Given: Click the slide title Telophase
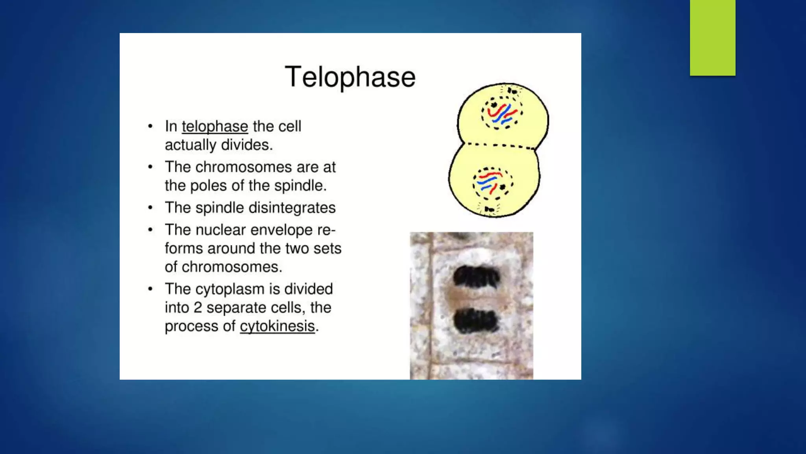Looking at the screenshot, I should [x=350, y=77].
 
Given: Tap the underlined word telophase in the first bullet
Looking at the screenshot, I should [x=214, y=127].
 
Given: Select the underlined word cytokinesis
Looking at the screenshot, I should [x=277, y=326].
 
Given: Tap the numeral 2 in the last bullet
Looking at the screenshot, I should [x=198, y=308].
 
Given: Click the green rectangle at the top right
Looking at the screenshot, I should [x=712, y=37].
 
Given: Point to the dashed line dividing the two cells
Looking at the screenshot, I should [x=500, y=145].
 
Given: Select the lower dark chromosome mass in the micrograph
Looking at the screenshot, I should [x=475, y=320].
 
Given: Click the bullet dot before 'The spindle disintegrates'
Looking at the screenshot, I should [x=150, y=207].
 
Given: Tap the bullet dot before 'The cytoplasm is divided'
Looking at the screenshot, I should [x=150, y=289].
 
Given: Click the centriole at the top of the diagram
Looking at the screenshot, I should [x=512, y=91].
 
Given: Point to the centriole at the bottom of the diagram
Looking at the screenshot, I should [x=489, y=209].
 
